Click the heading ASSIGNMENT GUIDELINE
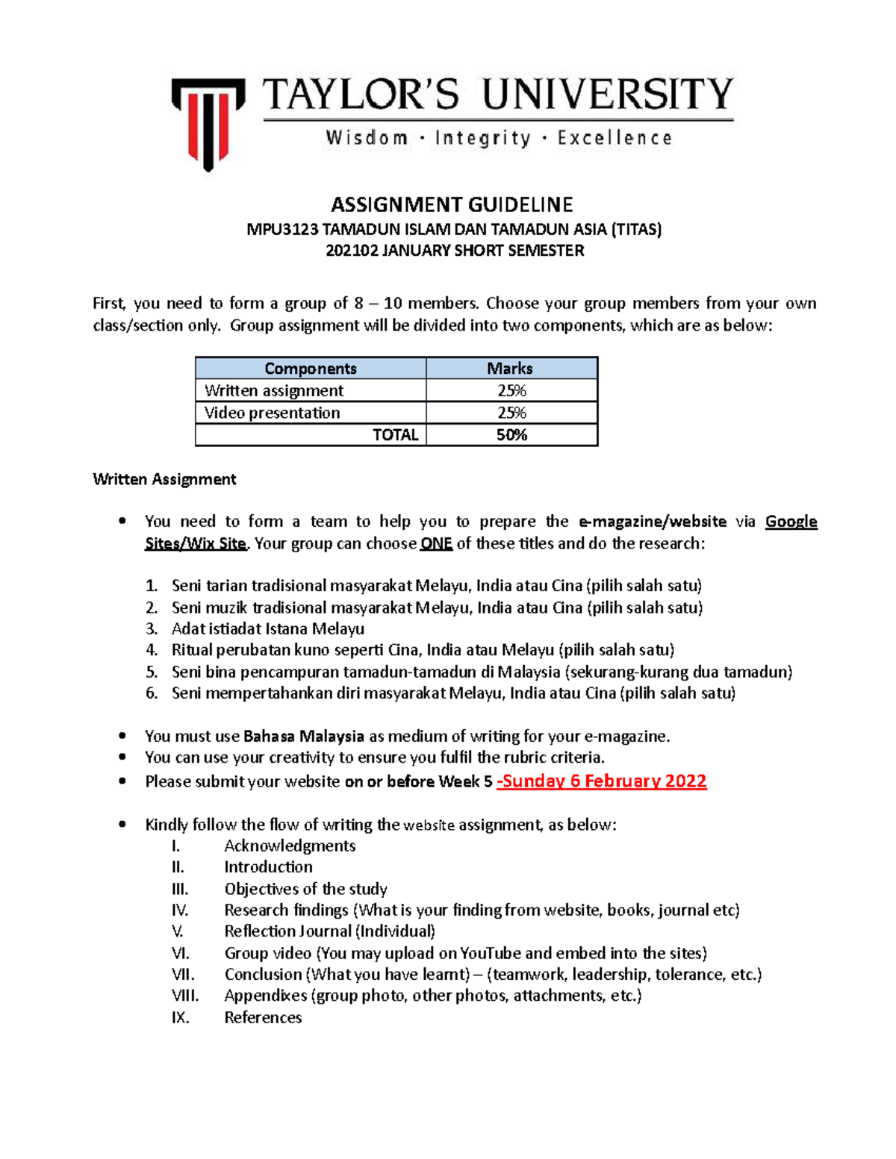click(x=452, y=204)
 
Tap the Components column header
click(x=311, y=369)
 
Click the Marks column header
click(x=510, y=369)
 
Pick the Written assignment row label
click(x=274, y=391)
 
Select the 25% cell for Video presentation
click(x=511, y=413)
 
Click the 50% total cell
click(x=511, y=435)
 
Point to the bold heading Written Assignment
click(x=164, y=480)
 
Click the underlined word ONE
click(x=436, y=544)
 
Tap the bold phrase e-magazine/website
click(x=652, y=522)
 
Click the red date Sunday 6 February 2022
click(x=602, y=781)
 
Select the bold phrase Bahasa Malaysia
click(x=303, y=737)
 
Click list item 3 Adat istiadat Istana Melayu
click(x=267, y=629)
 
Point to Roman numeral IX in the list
click(x=180, y=1018)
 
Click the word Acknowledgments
click(x=290, y=846)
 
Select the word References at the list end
click(x=263, y=1018)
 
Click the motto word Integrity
click(x=482, y=138)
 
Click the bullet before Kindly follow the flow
click(x=122, y=825)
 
